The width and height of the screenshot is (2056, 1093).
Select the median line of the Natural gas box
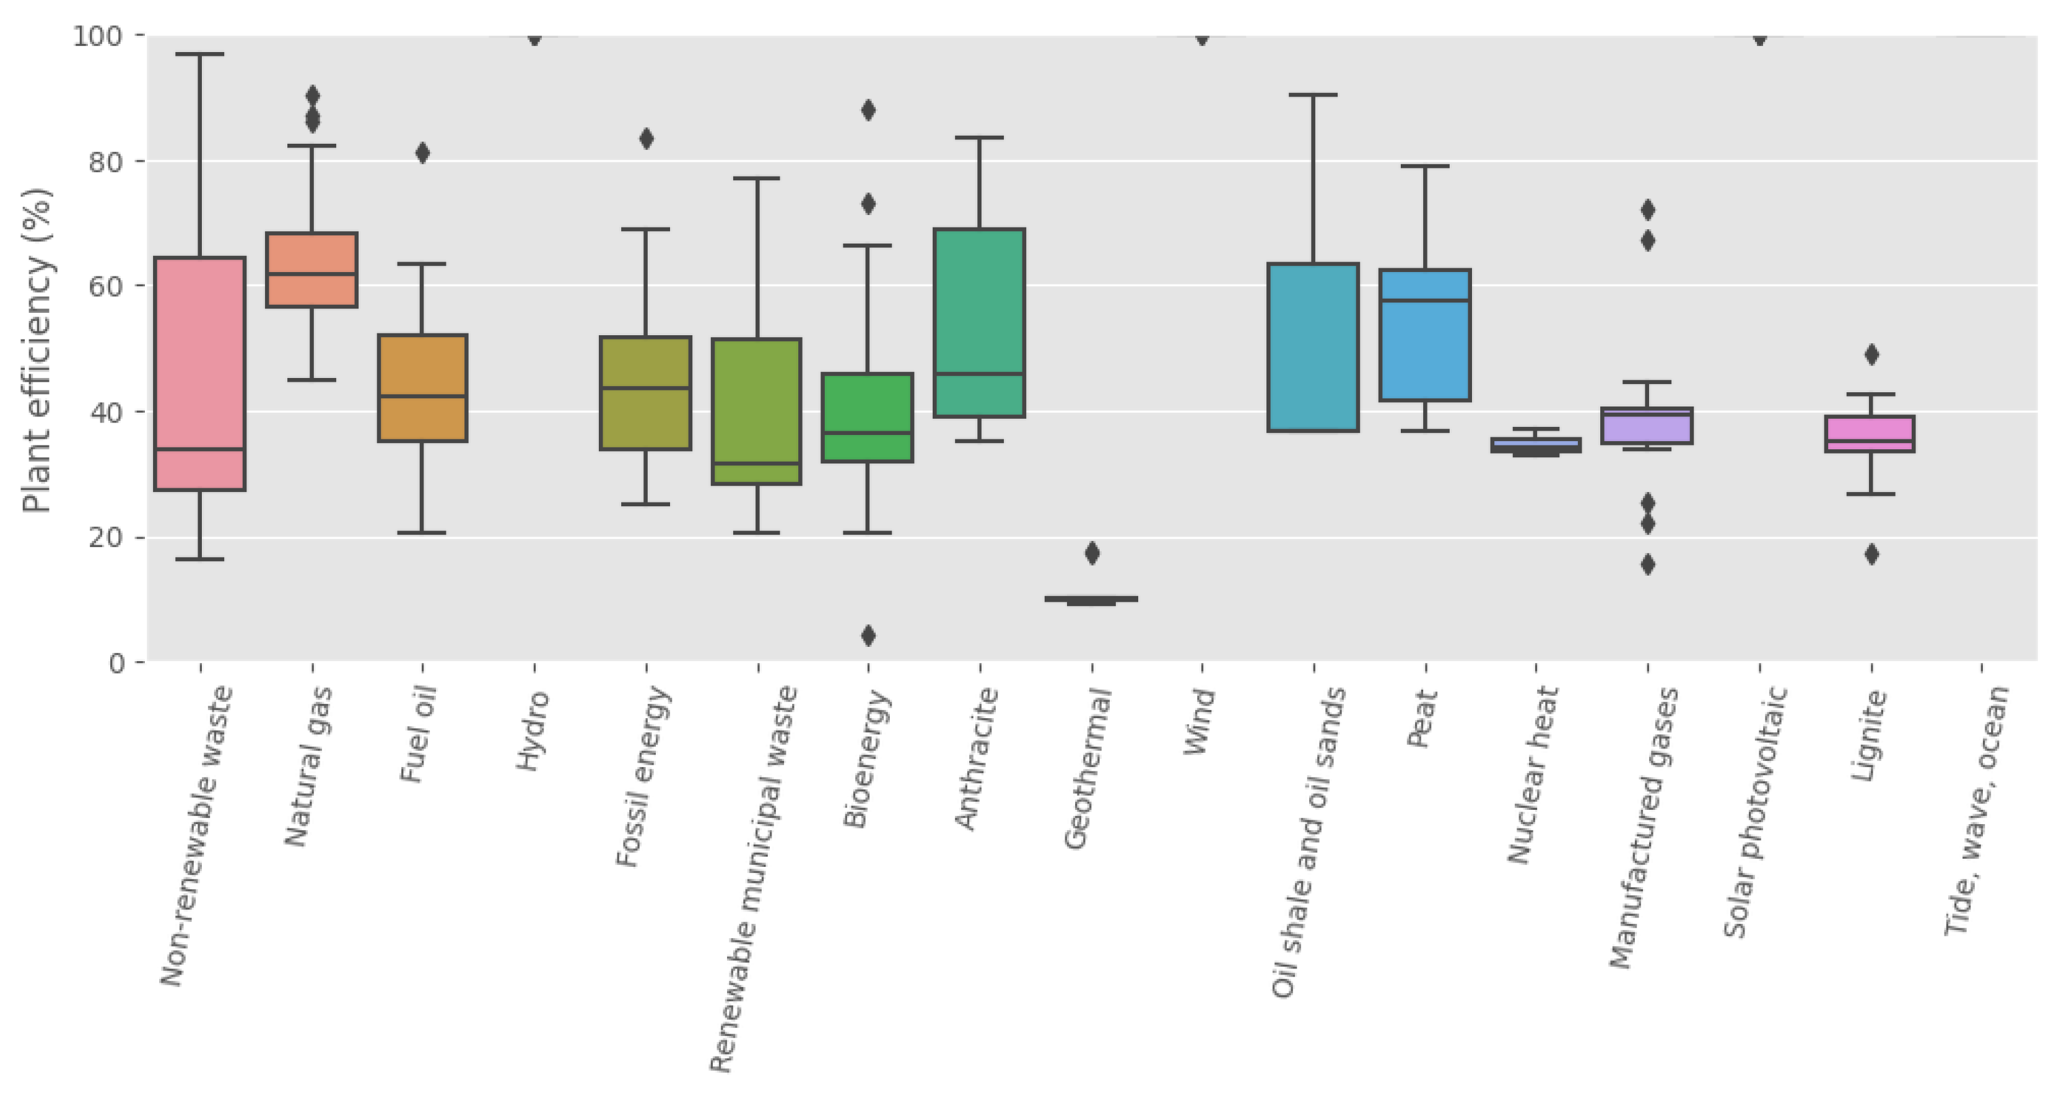coord(312,274)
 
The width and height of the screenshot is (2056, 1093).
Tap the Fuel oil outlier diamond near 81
coord(422,153)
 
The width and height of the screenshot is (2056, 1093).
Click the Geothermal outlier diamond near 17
coord(1092,553)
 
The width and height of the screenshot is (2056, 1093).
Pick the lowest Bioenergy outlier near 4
coord(868,636)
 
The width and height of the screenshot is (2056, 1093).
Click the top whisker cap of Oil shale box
coord(1313,95)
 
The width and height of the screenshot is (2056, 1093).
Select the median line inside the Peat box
coord(1426,300)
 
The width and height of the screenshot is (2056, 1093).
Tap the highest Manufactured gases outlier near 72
coord(1647,210)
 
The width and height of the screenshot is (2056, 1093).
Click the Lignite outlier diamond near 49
coord(1871,354)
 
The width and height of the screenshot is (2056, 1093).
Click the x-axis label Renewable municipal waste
coord(754,878)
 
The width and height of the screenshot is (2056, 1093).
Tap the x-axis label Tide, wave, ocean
coord(1977,810)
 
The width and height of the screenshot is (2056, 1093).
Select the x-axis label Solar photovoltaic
coord(1754,810)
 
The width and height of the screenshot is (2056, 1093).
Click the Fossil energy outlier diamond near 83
coord(647,139)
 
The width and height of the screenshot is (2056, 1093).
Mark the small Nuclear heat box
coord(1536,445)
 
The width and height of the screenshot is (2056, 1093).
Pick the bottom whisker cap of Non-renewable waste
coord(199,559)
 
